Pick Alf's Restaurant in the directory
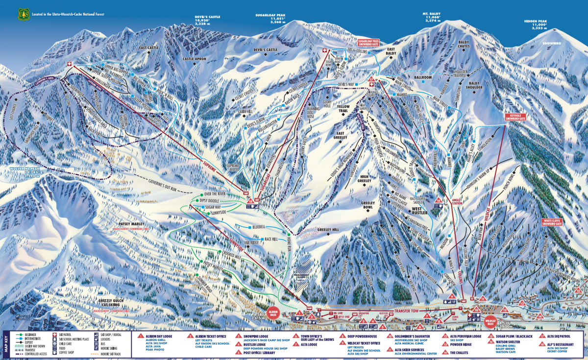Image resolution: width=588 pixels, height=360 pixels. pyautogui.click(x=559, y=345)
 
